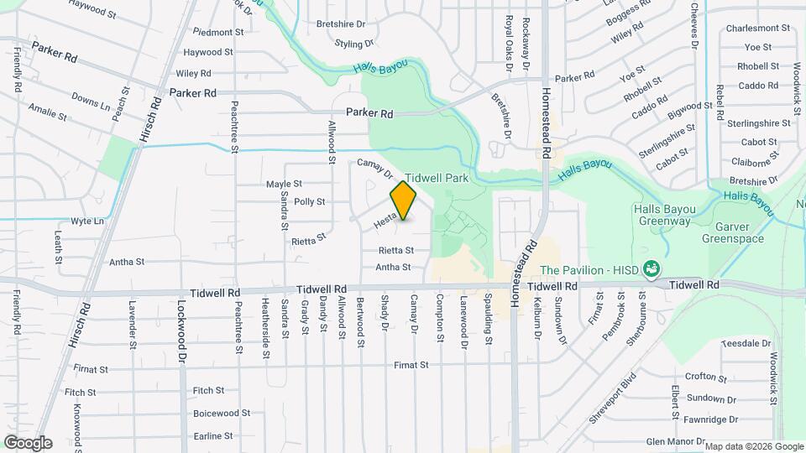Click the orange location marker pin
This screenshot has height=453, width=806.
(x=404, y=200)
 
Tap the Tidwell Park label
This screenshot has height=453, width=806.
(x=437, y=179)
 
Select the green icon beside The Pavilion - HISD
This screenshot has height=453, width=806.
(x=651, y=269)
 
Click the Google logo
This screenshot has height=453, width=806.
(x=28, y=442)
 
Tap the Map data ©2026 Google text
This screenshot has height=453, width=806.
(x=753, y=446)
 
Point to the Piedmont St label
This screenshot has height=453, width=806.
(x=218, y=32)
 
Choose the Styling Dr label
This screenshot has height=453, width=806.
(x=353, y=44)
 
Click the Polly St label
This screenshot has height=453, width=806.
(x=309, y=202)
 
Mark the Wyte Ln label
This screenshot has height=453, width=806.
(x=87, y=221)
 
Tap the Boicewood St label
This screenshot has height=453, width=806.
(x=222, y=413)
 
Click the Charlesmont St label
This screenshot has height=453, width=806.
(x=760, y=28)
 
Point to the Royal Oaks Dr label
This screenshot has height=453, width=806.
(x=509, y=41)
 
